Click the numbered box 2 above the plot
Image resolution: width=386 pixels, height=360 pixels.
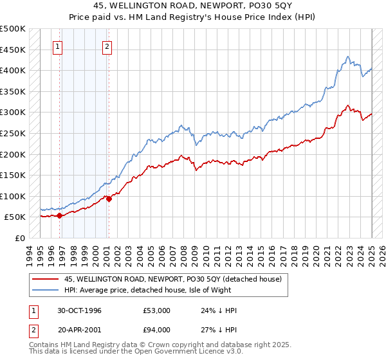coord(107,46)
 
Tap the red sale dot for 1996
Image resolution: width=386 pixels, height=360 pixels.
coord(59,216)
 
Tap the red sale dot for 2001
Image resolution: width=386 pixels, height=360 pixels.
coord(109,199)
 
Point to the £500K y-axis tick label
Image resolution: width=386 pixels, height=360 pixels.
coord(13,29)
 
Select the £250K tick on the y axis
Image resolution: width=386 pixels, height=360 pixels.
coord(13,133)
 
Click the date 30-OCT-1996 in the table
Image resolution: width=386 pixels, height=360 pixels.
coord(79,310)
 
